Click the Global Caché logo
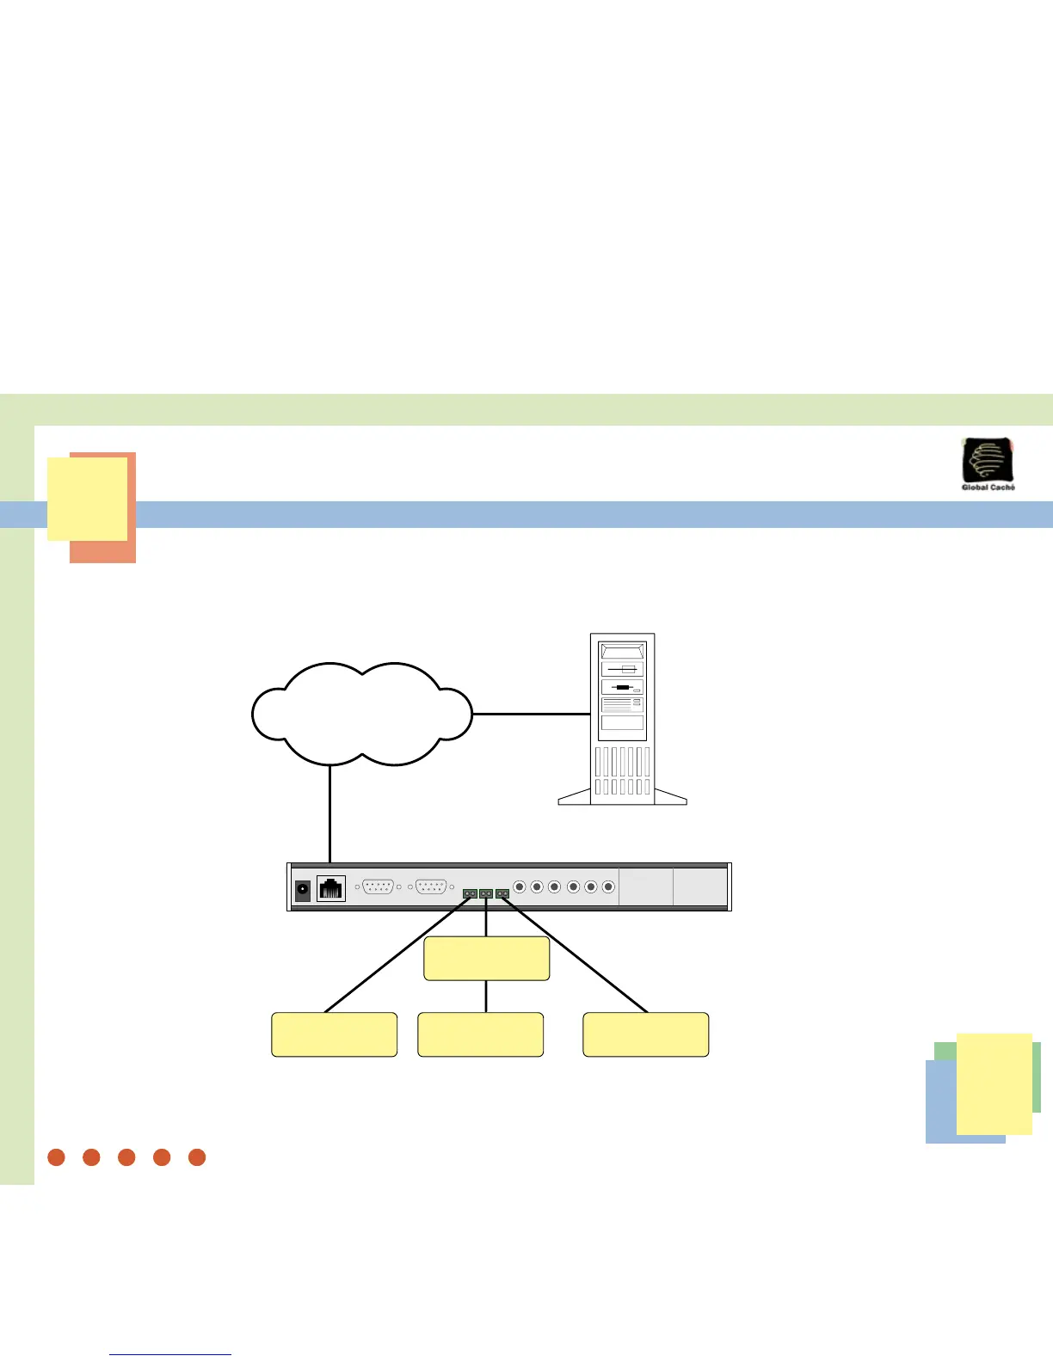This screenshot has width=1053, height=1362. (988, 463)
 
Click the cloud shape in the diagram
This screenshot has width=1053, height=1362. (361, 714)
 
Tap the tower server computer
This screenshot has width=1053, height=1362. (623, 719)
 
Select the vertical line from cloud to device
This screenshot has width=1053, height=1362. (329, 813)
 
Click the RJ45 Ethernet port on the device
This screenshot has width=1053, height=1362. (331, 888)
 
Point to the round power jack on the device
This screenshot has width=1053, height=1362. (303, 891)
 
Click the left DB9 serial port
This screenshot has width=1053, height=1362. (379, 887)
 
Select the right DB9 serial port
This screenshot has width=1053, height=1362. (431, 887)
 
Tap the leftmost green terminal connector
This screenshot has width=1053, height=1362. (470, 894)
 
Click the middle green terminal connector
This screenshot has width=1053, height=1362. (486, 894)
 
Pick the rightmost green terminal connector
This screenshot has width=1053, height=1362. (502, 894)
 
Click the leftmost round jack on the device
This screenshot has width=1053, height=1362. (520, 887)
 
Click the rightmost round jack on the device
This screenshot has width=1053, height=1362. (608, 887)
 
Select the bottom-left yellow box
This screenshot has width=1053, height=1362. (335, 1034)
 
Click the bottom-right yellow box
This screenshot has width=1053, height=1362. (646, 1034)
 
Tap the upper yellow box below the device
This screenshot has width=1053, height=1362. (487, 959)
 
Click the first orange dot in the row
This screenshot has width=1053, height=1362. (57, 1157)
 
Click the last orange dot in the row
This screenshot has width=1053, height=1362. (197, 1157)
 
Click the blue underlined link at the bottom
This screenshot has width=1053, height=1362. (170, 1354)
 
